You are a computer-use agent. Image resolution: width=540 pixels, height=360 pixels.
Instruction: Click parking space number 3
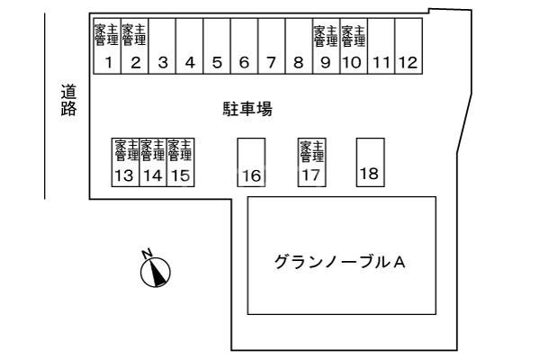click(x=162, y=46)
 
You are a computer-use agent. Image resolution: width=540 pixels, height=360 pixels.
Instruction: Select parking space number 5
click(x=217, y=46)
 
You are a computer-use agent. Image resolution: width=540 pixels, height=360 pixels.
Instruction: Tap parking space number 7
click(x=272, y=46)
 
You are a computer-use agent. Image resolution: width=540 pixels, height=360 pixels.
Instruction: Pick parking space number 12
click(x=409, y=46)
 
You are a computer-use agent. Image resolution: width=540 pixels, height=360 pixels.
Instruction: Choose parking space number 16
click(x=251, y=163)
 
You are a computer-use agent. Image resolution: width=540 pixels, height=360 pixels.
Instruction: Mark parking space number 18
click(x=371, y=163)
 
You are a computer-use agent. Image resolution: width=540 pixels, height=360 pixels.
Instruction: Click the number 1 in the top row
click(x=109, y=63)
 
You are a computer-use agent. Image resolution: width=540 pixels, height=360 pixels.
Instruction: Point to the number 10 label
click(x=352, y=63)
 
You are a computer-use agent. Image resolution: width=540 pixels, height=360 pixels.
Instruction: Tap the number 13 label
click(x=124, y=175)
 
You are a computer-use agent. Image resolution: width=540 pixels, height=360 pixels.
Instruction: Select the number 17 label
click(x=310, y=175)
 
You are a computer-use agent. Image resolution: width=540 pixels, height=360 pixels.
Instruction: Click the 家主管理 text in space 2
click(x=134, y=35)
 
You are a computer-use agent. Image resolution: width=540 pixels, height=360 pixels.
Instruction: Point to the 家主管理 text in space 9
click(x=326, y=35)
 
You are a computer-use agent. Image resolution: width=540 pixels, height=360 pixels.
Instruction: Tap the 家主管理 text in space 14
click(x=153, y=150)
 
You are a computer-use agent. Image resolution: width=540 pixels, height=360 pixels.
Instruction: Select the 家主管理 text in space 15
click(x=180, y=150)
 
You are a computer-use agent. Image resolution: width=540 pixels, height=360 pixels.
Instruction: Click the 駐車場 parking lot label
click(x=248, y=109)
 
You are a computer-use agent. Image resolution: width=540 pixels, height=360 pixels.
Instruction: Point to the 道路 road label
click(x=68, y=100)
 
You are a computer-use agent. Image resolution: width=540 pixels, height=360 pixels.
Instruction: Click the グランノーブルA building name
click(x=339, y=263)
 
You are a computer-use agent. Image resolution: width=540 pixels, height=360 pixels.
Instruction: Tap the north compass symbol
click(x=156, y=272)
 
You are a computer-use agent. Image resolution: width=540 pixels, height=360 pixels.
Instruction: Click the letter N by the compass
click(x=147, y=253)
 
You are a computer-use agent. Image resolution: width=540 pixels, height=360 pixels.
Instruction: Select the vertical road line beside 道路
click(x=45, y=106)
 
